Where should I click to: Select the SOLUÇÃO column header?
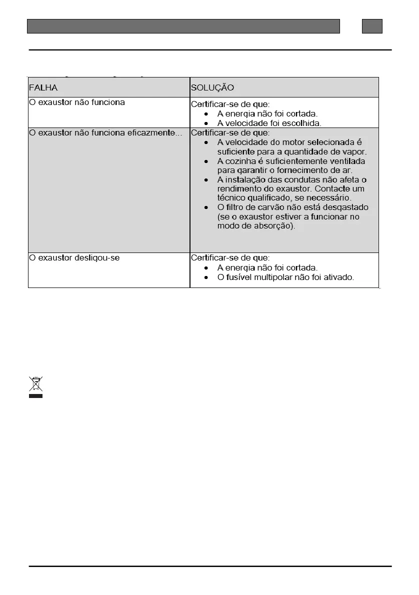coord(212,87)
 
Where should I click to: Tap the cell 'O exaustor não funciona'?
coord(77,102)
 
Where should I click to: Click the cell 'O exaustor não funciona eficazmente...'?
coord(105,132)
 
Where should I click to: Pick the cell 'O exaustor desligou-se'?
coord(74,258)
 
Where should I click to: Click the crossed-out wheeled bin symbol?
coord(35,384)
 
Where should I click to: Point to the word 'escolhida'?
coord(303,123)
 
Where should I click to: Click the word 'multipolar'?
coord(276,277)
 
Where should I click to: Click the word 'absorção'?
coord(276,225)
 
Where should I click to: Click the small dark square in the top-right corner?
coord(372,26)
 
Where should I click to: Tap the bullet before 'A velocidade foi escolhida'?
coord(205,123)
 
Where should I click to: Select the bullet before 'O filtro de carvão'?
coord(205,207)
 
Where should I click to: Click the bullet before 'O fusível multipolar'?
coord(205,277)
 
